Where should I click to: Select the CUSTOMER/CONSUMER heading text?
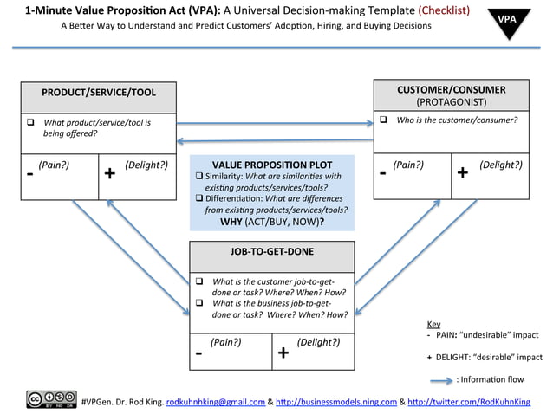tap(451, 89)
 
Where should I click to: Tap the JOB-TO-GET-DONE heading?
tap(272, 252)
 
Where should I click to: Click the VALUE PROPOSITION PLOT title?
tap(272, 164)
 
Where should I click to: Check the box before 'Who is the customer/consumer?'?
tap(383, 120)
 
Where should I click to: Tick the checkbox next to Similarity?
tap(198, 176)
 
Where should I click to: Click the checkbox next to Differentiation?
tap(198, 198)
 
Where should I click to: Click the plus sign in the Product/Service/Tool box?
tap(110, 174)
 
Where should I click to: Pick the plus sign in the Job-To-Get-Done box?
tap(283, 353)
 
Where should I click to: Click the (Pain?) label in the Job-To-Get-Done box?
tap(225, 342)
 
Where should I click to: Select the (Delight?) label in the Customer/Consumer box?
tap(500, 164)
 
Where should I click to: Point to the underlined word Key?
tap(434, 324)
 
